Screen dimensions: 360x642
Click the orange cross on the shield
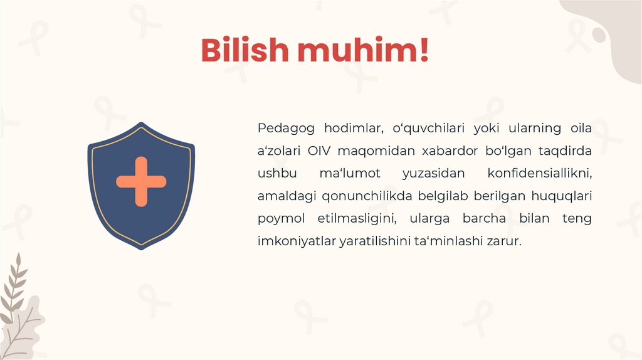[x=141, y=182]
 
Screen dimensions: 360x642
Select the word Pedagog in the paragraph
[x=285, y=129]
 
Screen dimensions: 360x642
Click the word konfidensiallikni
[x=539, y=173]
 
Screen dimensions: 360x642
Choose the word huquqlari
[x=562, y=196]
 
